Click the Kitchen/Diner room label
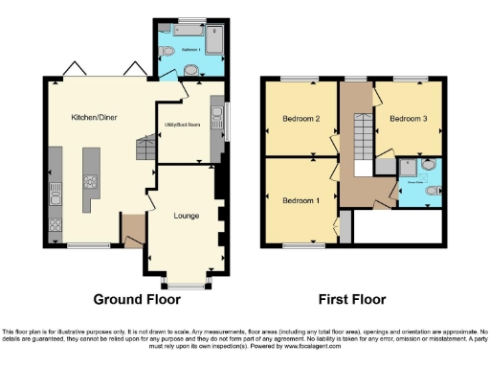92,117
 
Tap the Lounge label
187,216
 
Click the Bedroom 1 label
301,201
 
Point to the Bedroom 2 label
301,120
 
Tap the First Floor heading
352,298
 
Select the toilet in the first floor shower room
430,191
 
